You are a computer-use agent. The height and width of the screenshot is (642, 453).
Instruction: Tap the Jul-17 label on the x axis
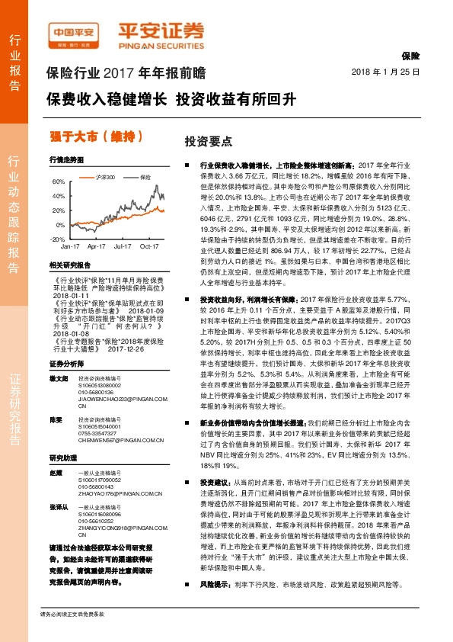[123, 247]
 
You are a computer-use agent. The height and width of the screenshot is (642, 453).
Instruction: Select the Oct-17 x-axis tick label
[149, 247]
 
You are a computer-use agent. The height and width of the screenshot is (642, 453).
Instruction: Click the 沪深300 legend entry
[106, 177]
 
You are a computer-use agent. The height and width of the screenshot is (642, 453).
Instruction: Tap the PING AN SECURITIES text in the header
[160, 43]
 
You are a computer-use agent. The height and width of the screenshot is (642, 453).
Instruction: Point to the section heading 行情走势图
[66, 161]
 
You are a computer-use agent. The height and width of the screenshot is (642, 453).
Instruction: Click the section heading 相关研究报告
[69, 265]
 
